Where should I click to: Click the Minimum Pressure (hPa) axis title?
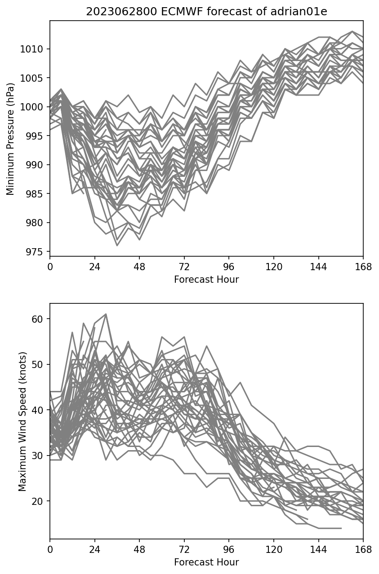point(10,139)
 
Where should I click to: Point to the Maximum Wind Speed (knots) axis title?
point(22,421)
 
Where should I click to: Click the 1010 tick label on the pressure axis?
point(31,49)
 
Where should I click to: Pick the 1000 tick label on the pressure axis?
point(31,107)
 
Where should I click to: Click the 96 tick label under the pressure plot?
point(229,267)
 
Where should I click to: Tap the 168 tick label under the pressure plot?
point(363,267)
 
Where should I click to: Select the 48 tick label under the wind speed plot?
point(139,549)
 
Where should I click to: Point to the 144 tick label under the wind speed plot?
point(318,549)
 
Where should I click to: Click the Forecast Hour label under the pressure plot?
point(206,280)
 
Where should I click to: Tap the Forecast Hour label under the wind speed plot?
point(206,562)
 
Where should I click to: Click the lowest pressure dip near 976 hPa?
point(117,245)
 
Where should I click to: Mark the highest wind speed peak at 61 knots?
point(106,314)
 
